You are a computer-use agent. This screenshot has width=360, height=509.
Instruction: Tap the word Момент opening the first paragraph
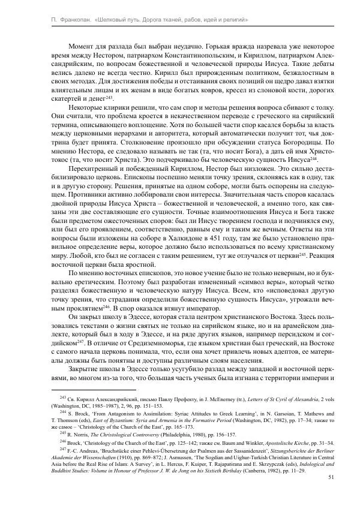(85, 46)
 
